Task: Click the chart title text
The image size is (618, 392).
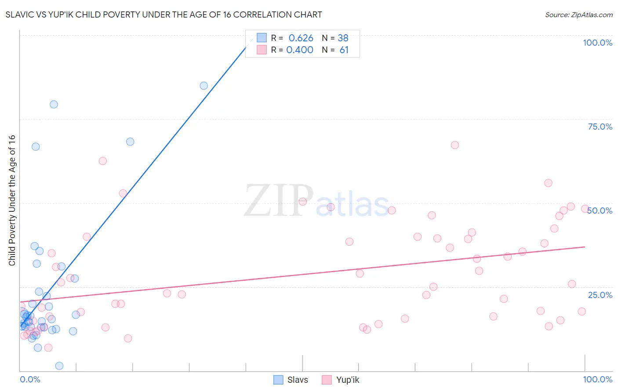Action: (x=164, y=15)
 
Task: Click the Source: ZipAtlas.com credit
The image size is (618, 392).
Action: (x=578, y=15)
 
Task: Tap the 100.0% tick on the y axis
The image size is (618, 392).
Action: (x=597, y=43)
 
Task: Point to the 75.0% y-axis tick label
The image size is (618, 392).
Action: (x=600, y=127)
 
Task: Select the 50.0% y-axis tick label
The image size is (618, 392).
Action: (x=600, y=211)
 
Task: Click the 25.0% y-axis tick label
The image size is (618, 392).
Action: (x=600, y=295)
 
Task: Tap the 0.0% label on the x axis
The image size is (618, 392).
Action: (x=30, y=379)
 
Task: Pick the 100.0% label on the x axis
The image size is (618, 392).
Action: (x=597, y=379)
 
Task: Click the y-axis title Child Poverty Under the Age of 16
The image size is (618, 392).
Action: (x=12, y=200)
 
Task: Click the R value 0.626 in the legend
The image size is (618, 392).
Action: (x=301, y=38)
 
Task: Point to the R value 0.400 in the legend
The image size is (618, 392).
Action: (x=300, y=50)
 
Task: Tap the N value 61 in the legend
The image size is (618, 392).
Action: (x=344, y=50)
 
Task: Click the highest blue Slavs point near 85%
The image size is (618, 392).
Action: (x=204, y=86)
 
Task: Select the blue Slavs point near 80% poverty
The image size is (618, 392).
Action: (x=54, y=104)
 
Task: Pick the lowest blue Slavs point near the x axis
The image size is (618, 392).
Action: (x=59, y=366)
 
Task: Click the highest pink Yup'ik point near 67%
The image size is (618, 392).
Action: (x=455, y=145)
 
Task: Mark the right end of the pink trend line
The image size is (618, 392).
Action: (x=585, y=247)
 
